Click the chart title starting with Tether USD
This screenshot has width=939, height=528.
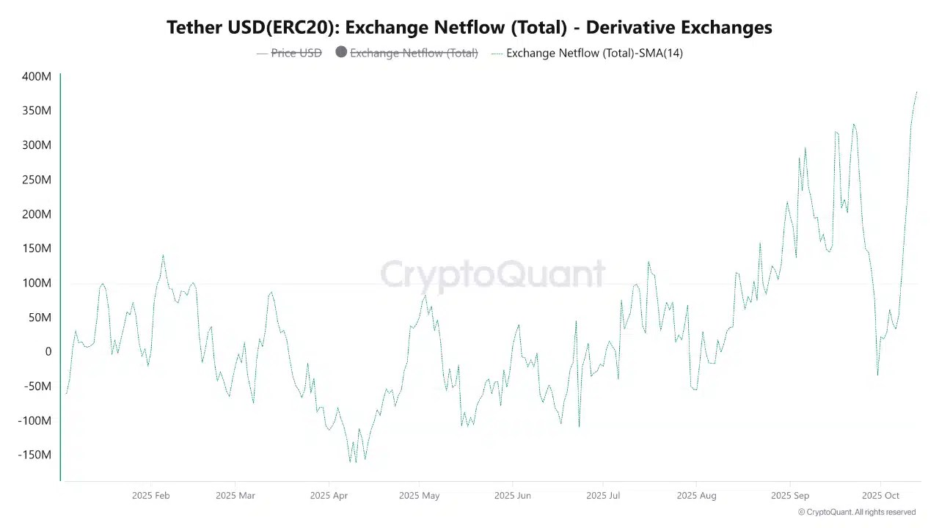tap(469, 27)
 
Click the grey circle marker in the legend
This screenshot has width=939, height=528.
tap(341, 52)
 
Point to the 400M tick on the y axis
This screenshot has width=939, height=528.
tap(37, 76)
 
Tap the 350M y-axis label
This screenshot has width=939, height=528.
tap(37, 111)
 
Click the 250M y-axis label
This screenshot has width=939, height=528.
tap(37, 180)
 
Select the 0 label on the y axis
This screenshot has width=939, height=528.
tap(48, 352)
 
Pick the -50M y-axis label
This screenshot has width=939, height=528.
tap(35, 386)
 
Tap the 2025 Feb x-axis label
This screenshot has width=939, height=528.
tap(150, 496)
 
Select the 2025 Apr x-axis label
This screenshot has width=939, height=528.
tap(329, 496)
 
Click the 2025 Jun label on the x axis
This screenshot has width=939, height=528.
tap(512, 496)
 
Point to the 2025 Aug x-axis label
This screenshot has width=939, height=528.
tap(697, 496)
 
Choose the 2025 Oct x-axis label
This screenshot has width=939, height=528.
tap(880, 496)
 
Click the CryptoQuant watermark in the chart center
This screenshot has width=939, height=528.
tap(493, 274)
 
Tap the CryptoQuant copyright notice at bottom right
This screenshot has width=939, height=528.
tap(856, 512)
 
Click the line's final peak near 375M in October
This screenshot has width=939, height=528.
tap(916, 92)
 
